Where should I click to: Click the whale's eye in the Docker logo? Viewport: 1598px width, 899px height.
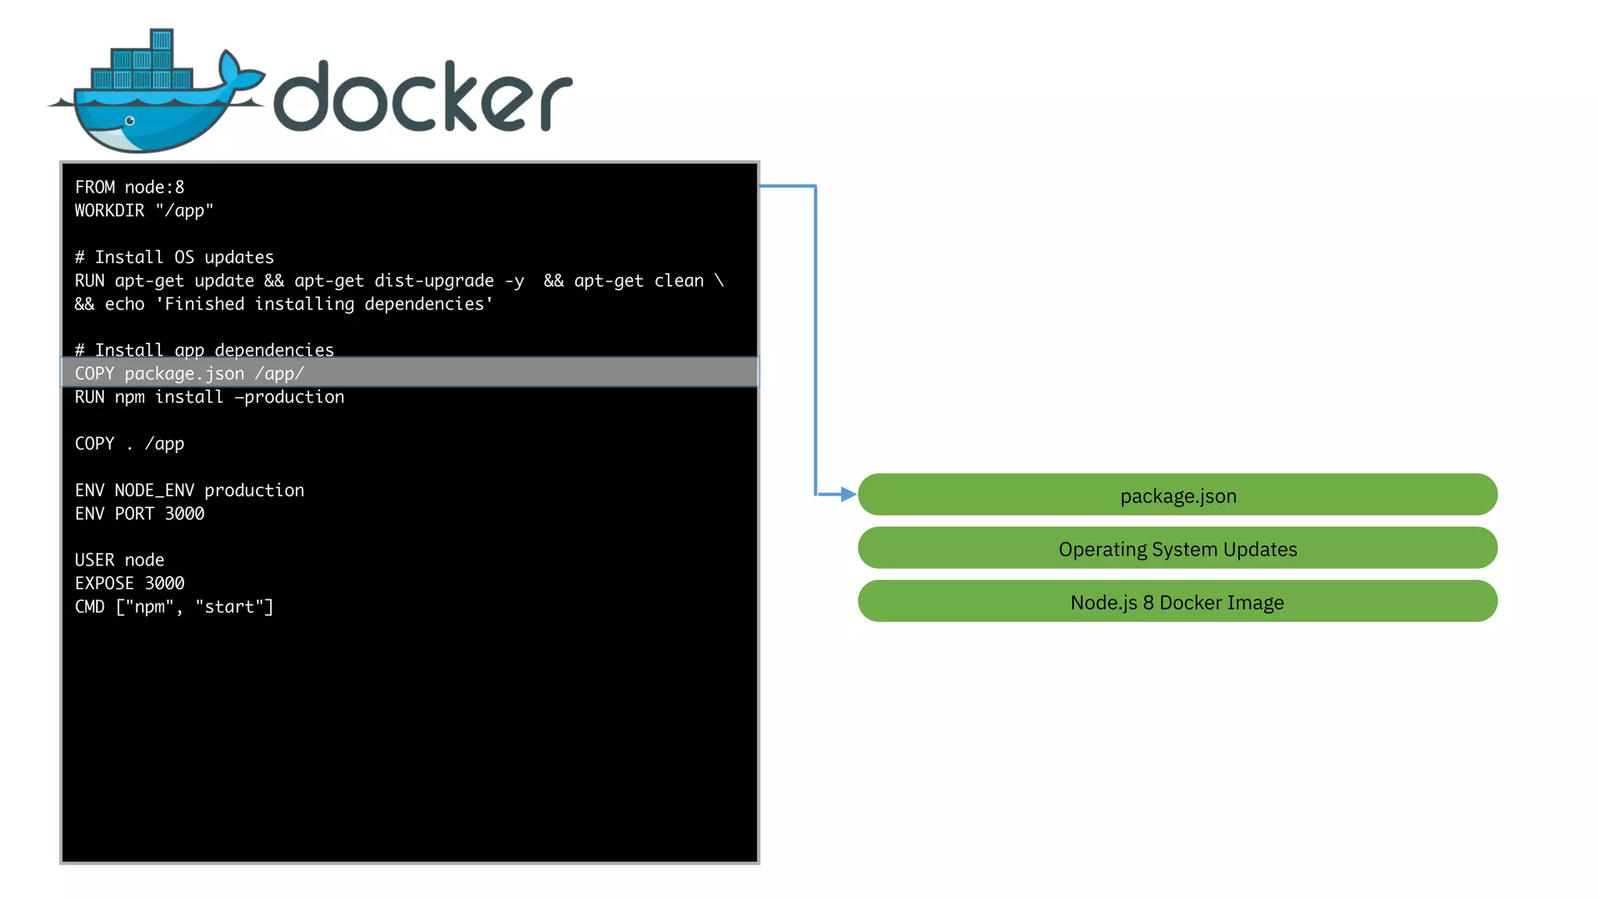[x=130, y=121]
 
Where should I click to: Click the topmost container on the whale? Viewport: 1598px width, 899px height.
[x=162, y=40]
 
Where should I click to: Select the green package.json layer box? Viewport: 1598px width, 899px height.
[x=1177, y=495]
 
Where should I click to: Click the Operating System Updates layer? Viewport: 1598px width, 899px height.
[x=1177, y=549]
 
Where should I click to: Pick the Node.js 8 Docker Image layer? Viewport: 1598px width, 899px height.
[x=1177, y=602]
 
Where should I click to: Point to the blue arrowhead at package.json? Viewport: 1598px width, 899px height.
[x=848, y=494]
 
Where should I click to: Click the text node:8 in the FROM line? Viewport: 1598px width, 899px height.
[x=154, y=187]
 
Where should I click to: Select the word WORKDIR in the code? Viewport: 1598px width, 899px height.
[x=109, y=211]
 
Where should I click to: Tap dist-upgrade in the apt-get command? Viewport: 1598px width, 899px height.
[x=434, y=281]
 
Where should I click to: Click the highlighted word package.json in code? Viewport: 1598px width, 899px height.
[x=184, y=374]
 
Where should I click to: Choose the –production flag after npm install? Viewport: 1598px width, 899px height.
[x=289, y=397]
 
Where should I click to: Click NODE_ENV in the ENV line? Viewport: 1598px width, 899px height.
[x=154, y=490]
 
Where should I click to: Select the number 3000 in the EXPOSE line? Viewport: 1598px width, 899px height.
[x=165, y=584]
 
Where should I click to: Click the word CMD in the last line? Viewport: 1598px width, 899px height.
[x=90, y=607]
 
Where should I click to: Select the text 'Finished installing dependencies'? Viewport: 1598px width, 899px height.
[x=324, y=304]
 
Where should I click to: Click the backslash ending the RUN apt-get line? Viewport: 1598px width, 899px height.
[x=719, y=281]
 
